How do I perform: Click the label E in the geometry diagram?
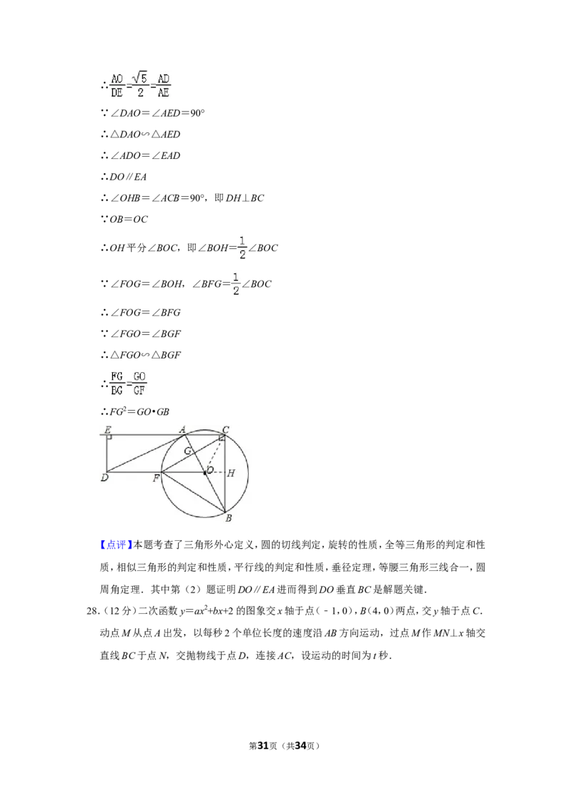tap(108, 429)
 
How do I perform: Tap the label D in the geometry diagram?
tap(105, 478)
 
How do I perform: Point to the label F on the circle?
tap(156, 479)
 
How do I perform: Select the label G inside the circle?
tap(188, 451)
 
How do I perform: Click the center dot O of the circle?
tap(205, 472)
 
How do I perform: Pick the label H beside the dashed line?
tap(231, 473)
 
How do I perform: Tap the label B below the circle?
tap(229, 517)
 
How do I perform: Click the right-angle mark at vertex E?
tap(109, 437)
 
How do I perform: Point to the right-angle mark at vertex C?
tap(222, 438)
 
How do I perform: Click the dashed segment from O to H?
tap(216, 472)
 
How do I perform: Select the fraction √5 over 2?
tap(140, 85)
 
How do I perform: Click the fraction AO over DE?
tap(117, 85)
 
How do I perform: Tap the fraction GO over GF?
tap(139, 384)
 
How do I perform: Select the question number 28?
tap(92, 611)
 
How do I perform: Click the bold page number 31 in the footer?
tap(263, 746)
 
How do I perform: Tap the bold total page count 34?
tap(300, 746)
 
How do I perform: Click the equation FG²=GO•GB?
tap(139, 411)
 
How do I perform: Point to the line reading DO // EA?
tap(128, 177)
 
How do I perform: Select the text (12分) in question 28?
tap(118, 611)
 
